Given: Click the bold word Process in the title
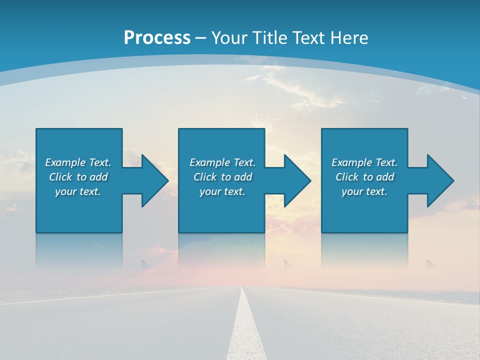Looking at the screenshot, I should point(157,38).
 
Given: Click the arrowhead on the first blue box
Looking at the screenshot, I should point(154,180).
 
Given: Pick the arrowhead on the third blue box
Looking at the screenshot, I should point(440,180).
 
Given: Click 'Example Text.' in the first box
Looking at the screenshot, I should point(78,162).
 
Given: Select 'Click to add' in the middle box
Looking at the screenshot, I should point(222,177).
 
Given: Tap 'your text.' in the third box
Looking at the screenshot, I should point(364,191).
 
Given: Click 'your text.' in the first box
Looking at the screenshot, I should point(78,191).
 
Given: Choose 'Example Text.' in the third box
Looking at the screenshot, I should point(364,162).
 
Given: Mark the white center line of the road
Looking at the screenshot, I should point(244,325).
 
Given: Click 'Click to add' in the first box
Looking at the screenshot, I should point(78,177).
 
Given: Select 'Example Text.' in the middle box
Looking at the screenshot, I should point(222,162).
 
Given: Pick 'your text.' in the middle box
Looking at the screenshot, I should point(222,191).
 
